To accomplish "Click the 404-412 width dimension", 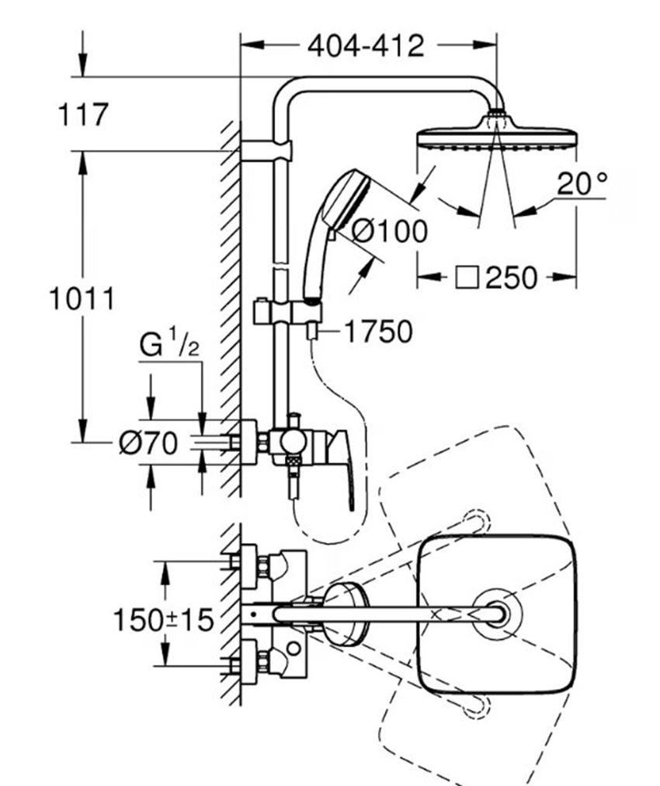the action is click(366, 46).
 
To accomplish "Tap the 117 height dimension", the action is click(83, 114).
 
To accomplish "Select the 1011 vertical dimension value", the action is click(82, 299).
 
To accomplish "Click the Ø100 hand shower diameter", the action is click(390, 231).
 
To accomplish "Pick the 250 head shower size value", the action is click(511, 278).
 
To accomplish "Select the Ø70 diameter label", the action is click(148, 443).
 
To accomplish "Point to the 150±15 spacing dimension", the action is click(164, 620).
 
